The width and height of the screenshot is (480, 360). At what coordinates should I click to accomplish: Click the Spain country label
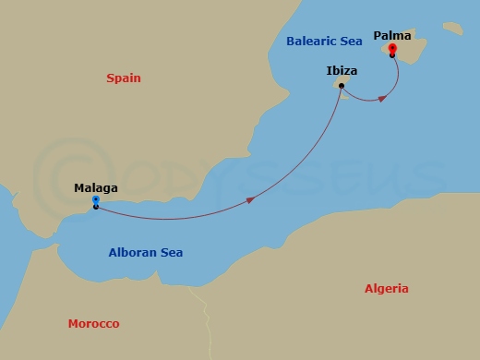pos(123,78)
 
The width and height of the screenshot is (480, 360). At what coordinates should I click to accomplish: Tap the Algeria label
pos(386,289)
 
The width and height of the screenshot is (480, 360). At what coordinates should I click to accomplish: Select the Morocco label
pos(93,324)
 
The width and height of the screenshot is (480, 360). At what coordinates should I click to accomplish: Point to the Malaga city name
pos(96,188)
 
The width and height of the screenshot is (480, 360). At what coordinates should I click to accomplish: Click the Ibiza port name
pos(342,70)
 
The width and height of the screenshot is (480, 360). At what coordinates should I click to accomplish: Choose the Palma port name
pos(392,36)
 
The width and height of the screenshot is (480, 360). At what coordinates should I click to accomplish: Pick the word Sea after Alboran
pos(172,252)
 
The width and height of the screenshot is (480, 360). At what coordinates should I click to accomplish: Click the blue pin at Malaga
pos(96,199)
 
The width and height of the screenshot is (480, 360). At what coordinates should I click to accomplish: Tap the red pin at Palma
pos(392,48)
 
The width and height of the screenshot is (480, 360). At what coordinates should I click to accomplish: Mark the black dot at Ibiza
pos(341,86)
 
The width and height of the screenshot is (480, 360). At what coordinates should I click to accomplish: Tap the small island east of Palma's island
pos(452,29)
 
